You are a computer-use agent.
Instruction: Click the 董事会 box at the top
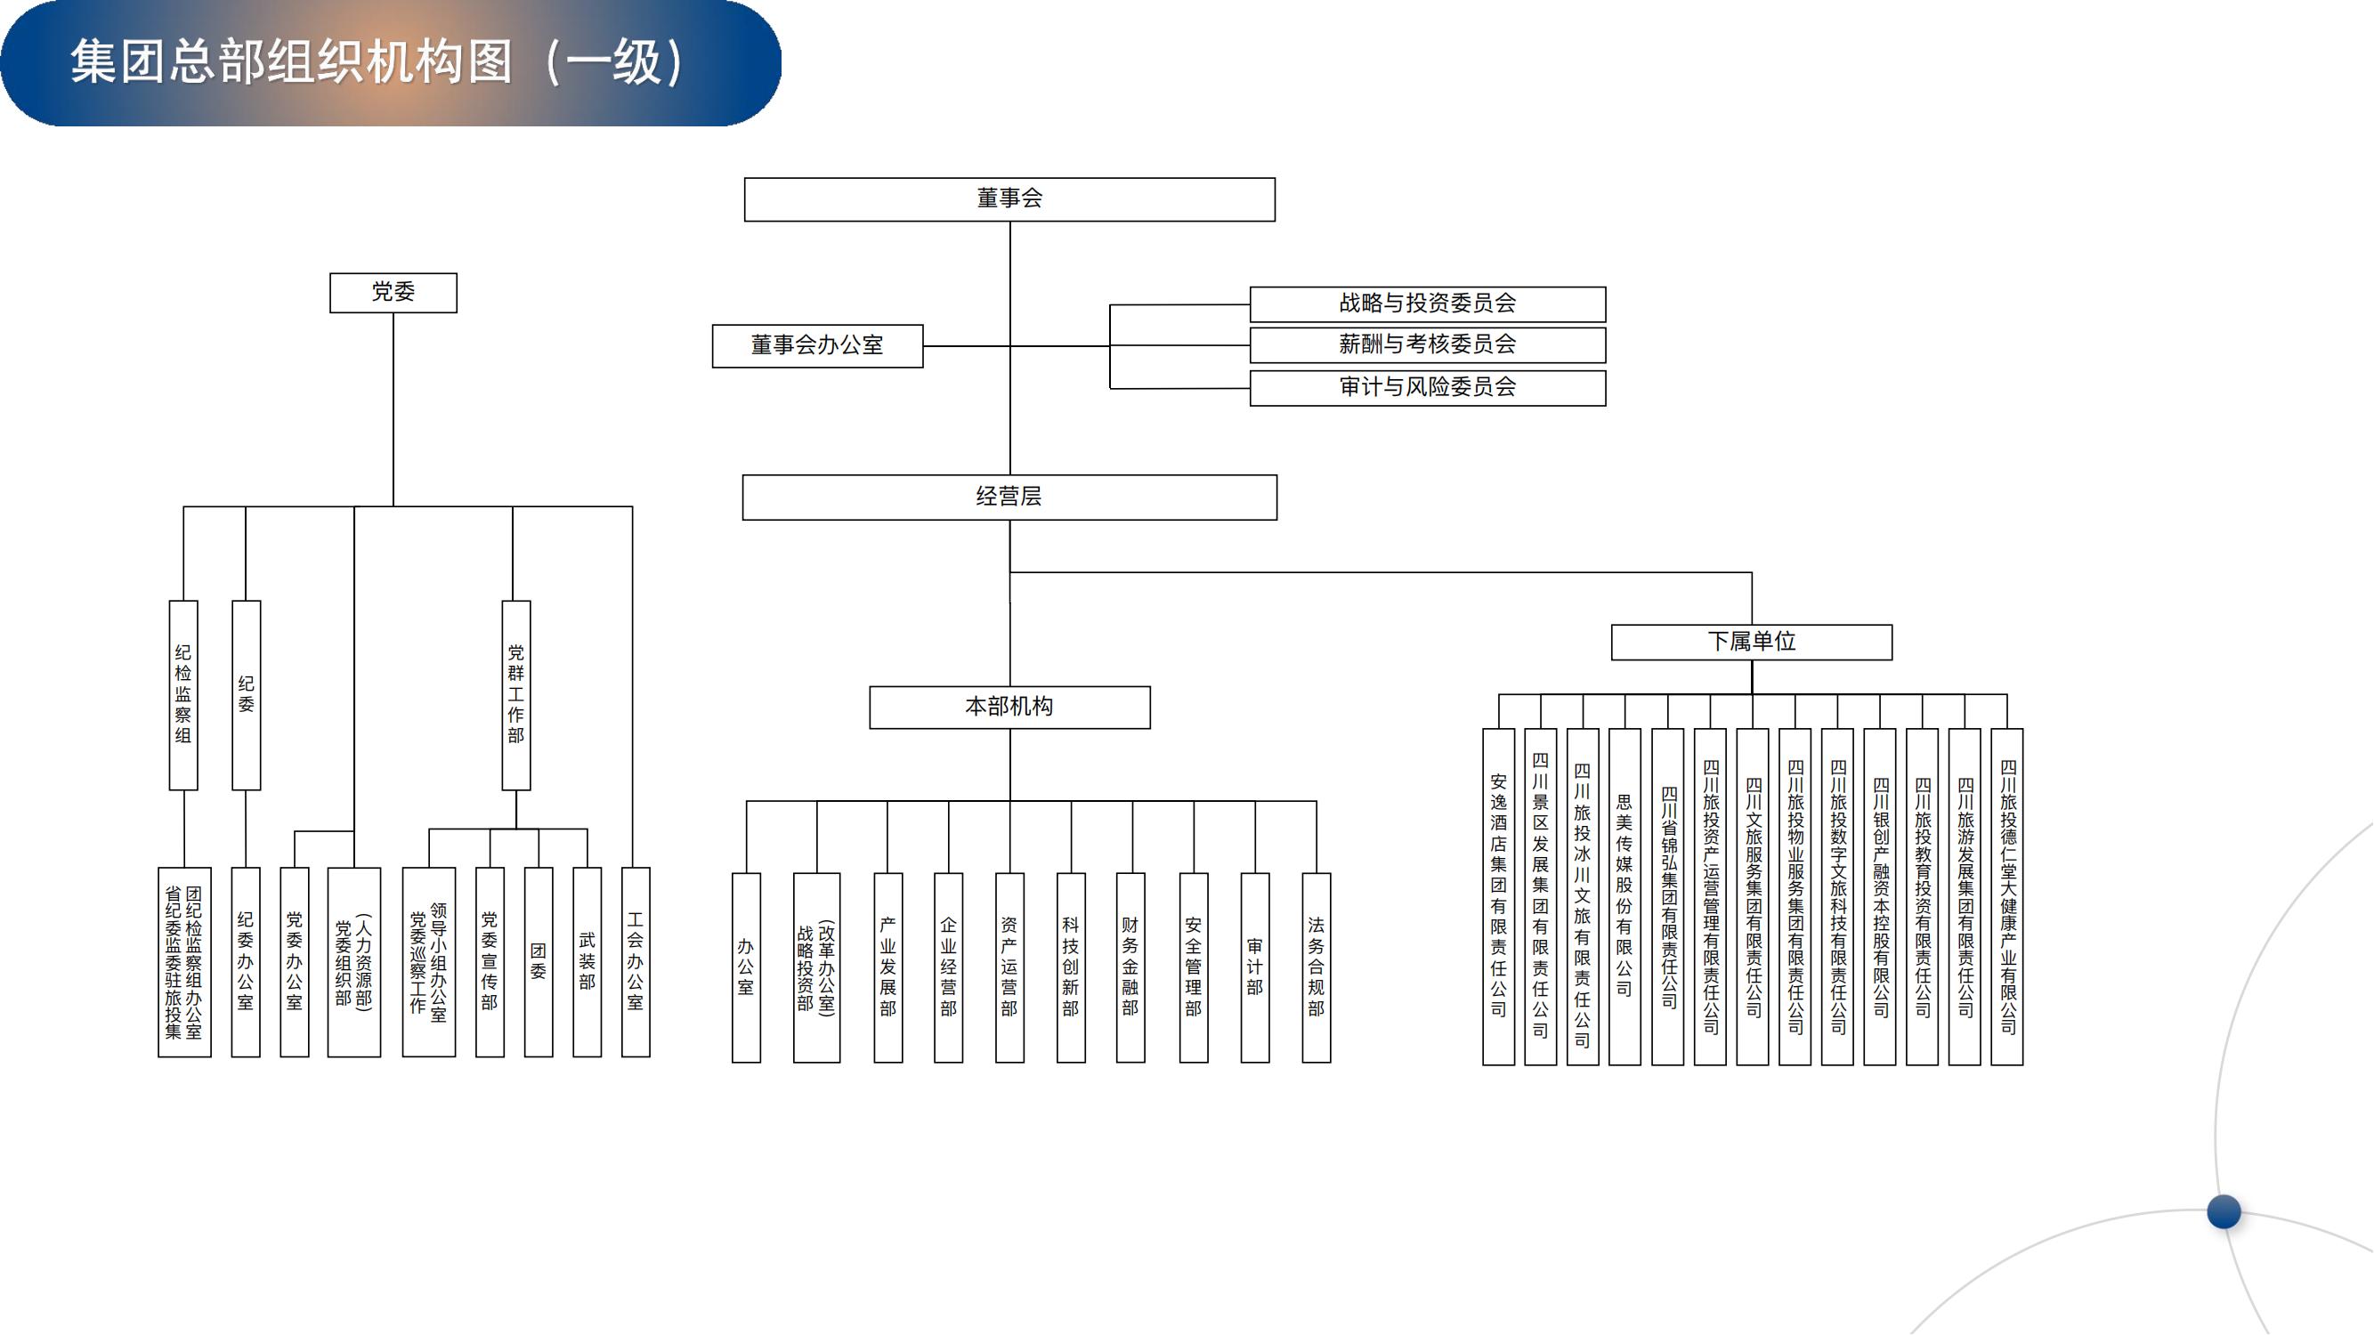(x=1009, y=199)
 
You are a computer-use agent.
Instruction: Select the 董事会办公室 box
(x=816, y=345)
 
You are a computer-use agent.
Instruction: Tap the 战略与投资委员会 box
(x=1427, y=303)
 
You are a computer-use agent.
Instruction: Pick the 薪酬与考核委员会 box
(x=1427, y=344)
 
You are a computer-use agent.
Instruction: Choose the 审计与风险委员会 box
(x=1427, y=387)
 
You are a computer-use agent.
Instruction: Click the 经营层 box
(x=1009, y=497)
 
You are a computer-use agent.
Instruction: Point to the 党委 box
(x=393, y=292)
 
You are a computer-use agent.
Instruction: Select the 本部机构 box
(x=1009, y=707)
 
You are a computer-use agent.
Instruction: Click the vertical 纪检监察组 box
(x=183, y=695)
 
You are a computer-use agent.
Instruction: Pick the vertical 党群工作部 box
(x=516, y=695)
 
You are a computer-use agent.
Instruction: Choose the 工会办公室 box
(x=635, y=961)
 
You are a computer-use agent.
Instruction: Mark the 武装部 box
(x=587, y=961)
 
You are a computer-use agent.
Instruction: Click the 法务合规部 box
(x=1315, y=967)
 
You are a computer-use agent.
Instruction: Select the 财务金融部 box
(x=1130, y=967)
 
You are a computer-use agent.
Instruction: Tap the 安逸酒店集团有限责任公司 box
(x=1498, y=895)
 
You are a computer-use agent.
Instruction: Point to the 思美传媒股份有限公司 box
(x=1624, y=895)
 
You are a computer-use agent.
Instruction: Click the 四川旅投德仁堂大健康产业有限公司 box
(x=2007, y=895)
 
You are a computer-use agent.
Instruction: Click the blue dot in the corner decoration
(x=2224, y=1210)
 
